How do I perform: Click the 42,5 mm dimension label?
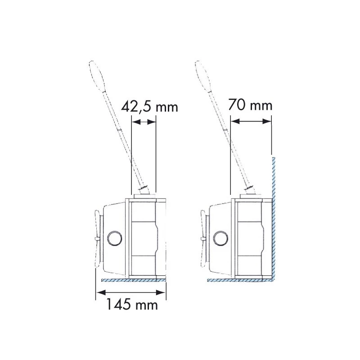(x=149, y=107)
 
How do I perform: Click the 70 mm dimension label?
(x=250, y=105)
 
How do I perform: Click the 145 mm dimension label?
(x=132, y=305)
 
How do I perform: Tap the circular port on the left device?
(x=115, y=238)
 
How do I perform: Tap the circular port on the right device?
(x=220, y=238)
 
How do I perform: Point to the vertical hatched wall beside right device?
(x=274, y=219)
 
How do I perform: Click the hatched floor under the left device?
(x=133, y=280)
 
